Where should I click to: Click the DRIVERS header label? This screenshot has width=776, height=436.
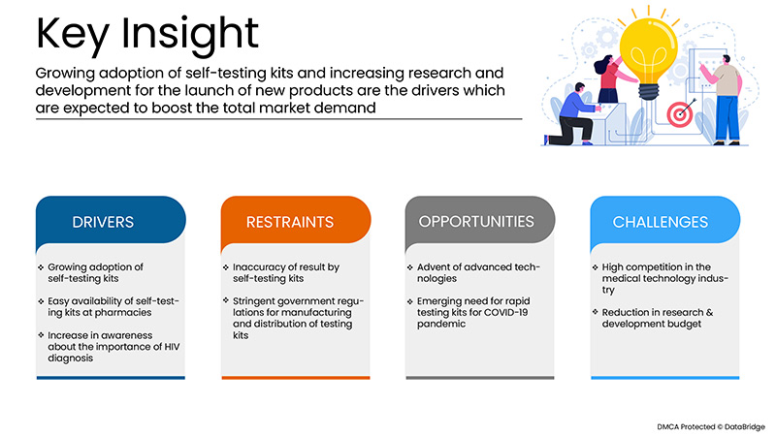103,222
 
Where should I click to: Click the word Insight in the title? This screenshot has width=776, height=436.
190,35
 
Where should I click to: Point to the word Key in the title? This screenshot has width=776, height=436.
73,35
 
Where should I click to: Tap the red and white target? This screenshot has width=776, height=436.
679,114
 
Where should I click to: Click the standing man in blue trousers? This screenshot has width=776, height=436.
723,101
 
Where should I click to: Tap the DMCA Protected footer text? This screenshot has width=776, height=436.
711,426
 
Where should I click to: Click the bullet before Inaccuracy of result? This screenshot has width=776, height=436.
226,267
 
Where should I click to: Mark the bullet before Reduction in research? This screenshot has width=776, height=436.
595,312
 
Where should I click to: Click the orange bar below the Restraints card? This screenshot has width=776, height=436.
296,378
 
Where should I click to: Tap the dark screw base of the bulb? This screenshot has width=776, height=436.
649,91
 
